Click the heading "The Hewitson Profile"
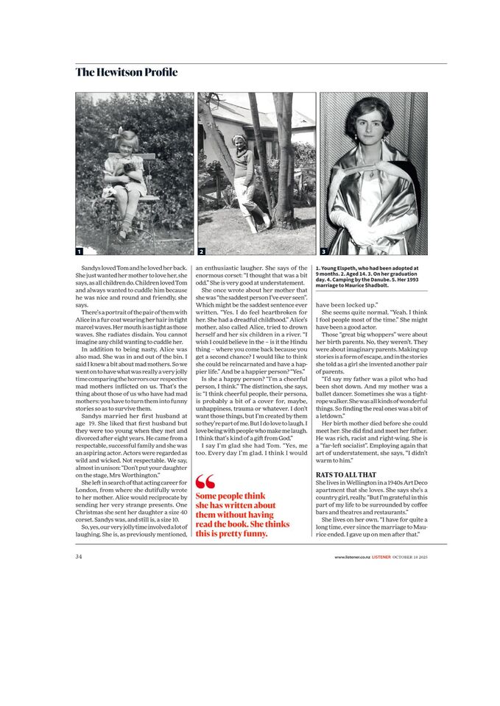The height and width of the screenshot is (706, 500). click(x=126, y=72)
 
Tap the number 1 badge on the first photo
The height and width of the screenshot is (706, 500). click(x=80, y=251)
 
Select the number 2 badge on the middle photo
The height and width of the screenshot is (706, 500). click(x=202, y=251)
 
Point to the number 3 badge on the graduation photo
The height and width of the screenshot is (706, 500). click(x=323, y=251)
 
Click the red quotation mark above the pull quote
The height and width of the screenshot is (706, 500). click(x=205, y=482)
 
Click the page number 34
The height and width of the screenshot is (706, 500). click(x=79, y=557)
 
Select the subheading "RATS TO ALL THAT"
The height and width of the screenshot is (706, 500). click(x=346, y=475)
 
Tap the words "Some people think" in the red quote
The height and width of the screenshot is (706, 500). click(x=230, y=496)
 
